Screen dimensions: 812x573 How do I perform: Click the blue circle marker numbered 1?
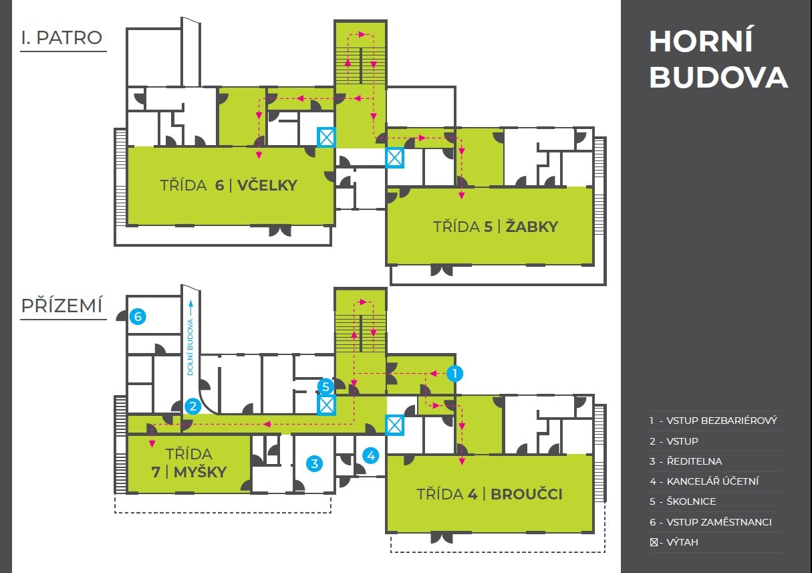pos(454,373)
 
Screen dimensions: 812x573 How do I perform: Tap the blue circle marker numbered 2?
pos(193,406)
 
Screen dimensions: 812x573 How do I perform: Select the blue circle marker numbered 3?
pos(314,463)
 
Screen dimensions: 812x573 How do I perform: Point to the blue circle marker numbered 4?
pos(371,455)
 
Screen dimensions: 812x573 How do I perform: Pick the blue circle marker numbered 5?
pos(325,386)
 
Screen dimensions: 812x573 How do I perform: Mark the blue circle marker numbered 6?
pos(138,316)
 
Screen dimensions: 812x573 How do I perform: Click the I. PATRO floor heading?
pos(61,37)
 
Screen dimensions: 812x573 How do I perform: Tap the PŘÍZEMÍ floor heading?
pos(61,306)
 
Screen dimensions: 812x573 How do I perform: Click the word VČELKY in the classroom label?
pos(267,185)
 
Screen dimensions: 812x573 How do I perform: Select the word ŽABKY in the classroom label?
pos(532,226)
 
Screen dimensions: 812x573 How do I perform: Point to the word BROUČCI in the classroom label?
pos(527,494)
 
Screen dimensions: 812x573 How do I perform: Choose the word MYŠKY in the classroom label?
pos(200,472)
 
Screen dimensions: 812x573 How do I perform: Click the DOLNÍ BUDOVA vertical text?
pos(190,347)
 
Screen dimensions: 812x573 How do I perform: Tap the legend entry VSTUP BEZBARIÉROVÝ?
pos(722,421)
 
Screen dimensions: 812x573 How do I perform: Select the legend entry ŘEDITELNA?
pos(694,461)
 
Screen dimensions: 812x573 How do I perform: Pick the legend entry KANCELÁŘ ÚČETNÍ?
pos(712,481)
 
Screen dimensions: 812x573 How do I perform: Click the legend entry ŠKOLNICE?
pos(691,501)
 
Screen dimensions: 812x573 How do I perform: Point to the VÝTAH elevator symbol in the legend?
pos(654,542)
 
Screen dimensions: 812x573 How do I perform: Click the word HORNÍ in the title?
pos(700,41)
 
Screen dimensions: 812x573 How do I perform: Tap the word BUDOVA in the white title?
pos(718,78)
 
